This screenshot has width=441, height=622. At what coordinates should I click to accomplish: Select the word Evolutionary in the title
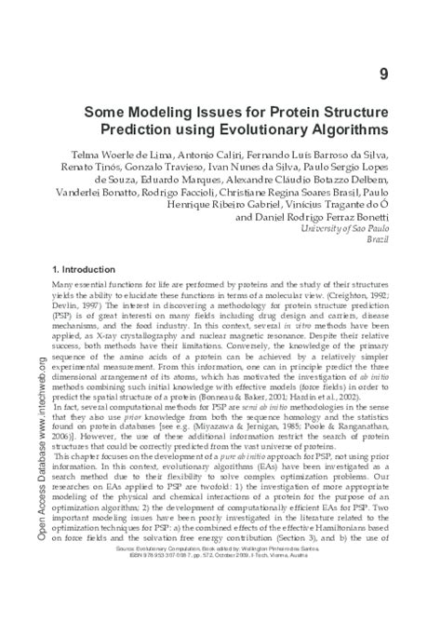[292, 131]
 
